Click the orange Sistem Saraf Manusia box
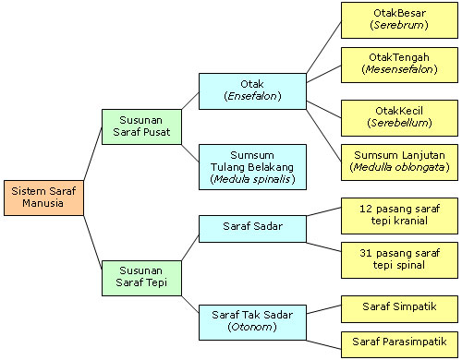pyautogui.click(x=43, y=197)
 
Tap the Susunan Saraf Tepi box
pyautogui.click(x=141, y=276)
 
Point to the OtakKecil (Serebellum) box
pyautogui.click(x=398, y=115)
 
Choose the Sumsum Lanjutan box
pyautogui.click(x=398, y=162)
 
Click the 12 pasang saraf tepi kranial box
pyautogui.click(x=398, y=214)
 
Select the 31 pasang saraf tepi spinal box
pyautogui.click(x=398, y=259)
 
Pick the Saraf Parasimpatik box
pyautogui.click(x=398, y=345)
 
